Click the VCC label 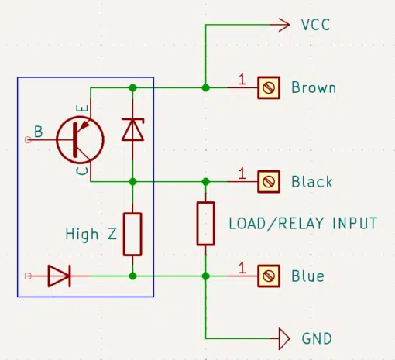point(315,25)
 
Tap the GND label point(317,338)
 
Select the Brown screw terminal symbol point(269,87)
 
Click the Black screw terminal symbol point(269,182)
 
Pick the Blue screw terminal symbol point(269,276)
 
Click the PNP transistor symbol point(80,140)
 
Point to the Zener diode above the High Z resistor point(132,129)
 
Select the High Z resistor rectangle point(132,235)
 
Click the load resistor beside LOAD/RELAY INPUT point(206,224)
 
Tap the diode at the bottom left point(60,276)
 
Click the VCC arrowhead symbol point(284,25)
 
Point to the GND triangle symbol point(284,338)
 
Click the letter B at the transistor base point(39,132)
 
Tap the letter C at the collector point(83,171)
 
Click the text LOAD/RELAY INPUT point(303,223)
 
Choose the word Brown point(314,87)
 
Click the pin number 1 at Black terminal point(242,173)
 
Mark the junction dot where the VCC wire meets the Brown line point(206,87)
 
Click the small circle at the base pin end point(28,140)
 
